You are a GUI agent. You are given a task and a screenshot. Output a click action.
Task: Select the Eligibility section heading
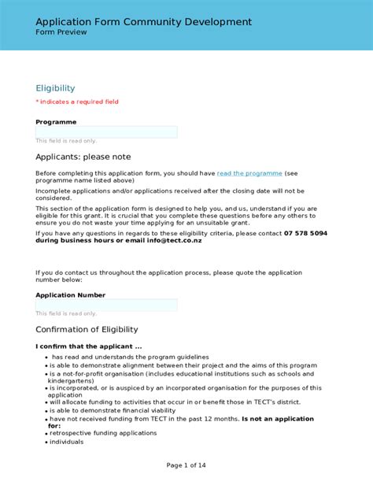(55, 88)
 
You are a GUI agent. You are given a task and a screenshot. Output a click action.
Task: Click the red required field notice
(77, 102)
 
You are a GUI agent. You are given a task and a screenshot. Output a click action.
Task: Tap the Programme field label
(56, 122)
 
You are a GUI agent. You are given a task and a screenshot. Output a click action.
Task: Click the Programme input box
(106, 132)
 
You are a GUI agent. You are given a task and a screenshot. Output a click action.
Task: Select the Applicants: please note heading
(83, 157)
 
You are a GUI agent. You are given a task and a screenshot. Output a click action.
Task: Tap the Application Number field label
(70, 295)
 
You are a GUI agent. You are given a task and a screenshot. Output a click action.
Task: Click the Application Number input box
(106, 305)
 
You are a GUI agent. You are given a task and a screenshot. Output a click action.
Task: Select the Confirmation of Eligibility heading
(87, 329)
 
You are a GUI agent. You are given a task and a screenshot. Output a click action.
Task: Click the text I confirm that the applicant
(88, 346)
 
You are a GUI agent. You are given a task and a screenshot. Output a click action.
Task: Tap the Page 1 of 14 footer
(186, 465)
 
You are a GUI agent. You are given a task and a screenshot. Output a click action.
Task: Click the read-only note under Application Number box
(66, 313)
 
